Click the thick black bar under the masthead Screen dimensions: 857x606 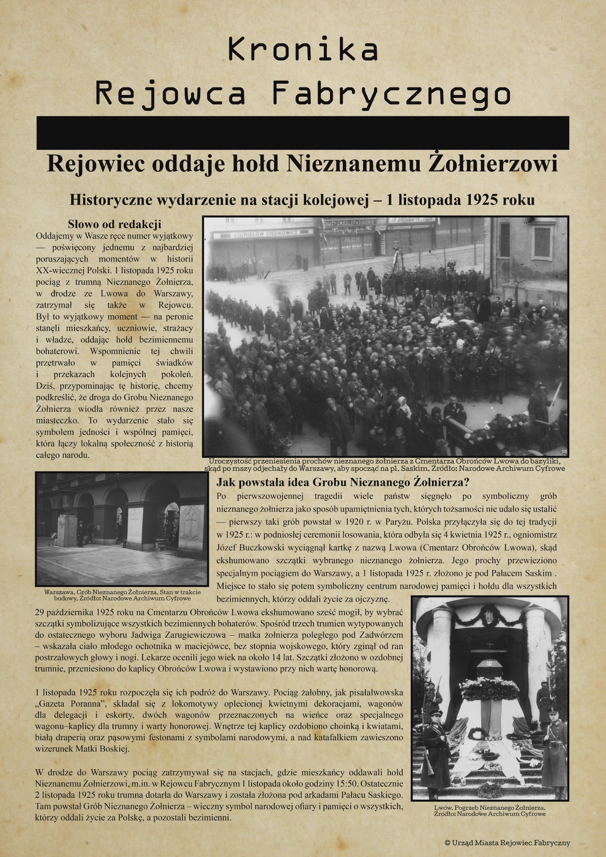pos(303,133)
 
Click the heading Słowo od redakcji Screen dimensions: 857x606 pos(114,224)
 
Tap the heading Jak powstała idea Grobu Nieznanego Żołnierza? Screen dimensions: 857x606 pos(342,482)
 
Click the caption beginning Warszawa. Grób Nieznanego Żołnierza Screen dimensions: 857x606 pos(122,595)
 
